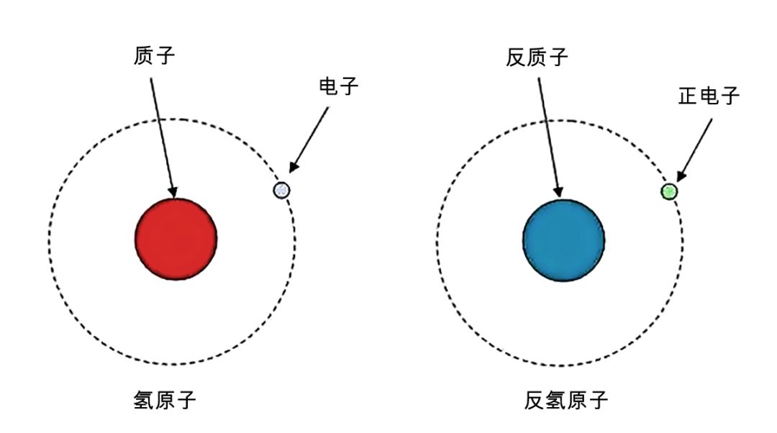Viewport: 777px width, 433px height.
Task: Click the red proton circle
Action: point(176,239)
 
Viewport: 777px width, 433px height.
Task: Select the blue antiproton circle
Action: point(563,240)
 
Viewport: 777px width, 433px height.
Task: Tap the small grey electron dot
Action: point(281,190)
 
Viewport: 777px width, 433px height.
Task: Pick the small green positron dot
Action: point(669,191)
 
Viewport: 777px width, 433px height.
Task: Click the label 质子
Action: point(155,56)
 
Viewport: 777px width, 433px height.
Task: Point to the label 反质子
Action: point(537,57)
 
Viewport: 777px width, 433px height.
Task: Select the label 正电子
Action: point(709,96)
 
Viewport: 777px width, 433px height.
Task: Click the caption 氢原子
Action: point(165,400)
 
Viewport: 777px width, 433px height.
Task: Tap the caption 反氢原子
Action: point(566,400)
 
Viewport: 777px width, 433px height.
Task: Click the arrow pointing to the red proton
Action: point(162,137)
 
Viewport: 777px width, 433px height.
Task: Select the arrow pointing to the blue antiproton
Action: point(549,137)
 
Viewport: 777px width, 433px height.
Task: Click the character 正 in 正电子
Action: point(688,96)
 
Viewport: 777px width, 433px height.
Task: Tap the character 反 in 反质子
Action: point(516,57)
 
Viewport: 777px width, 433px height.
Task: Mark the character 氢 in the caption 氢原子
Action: point(144,400)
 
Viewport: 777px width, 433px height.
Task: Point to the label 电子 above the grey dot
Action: point(338,87)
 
